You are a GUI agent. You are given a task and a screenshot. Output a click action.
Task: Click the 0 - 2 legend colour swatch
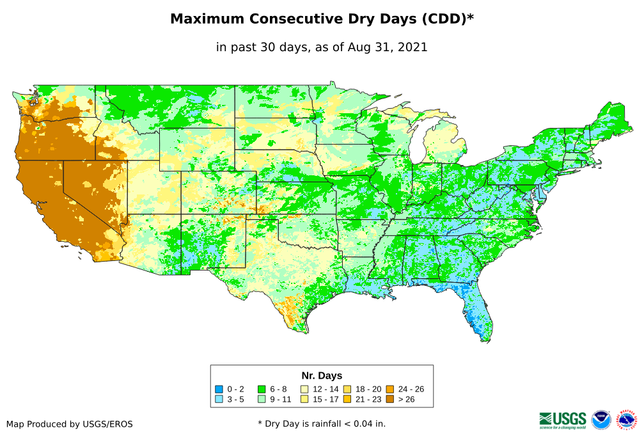(x=219, y=389)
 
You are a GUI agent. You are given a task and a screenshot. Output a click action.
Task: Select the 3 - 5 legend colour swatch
(x=219, y=399)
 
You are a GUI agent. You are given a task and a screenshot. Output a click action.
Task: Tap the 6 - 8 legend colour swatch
(x=262, y=389)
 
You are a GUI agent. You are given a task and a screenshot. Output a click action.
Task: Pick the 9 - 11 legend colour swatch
(x=262, y=399)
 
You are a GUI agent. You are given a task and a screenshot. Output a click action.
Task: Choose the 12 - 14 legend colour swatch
(x=304, y=389)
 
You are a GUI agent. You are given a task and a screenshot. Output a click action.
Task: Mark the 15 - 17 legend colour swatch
(x=304, y=399)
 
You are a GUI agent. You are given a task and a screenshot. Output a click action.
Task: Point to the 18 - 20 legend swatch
(x=347, y=389)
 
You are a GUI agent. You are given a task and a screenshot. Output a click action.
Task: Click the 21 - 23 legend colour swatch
(x=347, y=399)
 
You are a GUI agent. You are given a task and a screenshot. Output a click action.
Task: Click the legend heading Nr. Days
(x=322, y=375)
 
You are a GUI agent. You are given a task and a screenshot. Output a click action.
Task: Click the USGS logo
(x=563, y=420)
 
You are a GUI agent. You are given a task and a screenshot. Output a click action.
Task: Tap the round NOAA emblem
(x=601, y=420)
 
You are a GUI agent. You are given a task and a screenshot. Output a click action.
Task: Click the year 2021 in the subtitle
(x=412, y=47)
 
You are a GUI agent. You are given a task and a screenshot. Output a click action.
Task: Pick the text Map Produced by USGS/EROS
(x=70, y=424)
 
